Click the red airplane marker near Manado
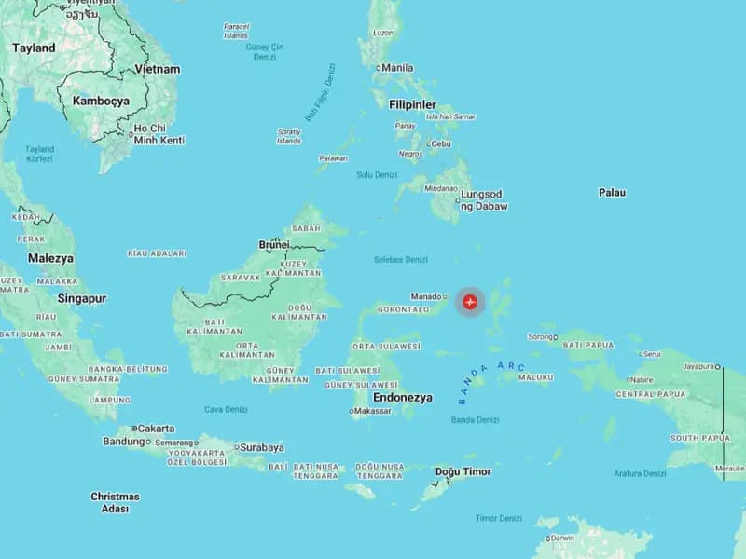click(x=470, y=301)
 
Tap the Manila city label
click(x=396, y=68)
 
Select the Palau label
click(x=612, y=193)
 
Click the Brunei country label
click(x=273, y=245)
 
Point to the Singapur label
click(x=82, y=299)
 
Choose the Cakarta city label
click(x=155, y=429)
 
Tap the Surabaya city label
click(x=262, y=447)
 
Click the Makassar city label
click(x=372, y=411)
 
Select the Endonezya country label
click(x=403, y=397)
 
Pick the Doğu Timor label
click(x=463, y=471)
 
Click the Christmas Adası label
click(x=115, y=503)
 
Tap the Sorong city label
click(x=541, y=336)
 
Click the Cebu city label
click(x=440, y=143)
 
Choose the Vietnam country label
click(x=157, y=69)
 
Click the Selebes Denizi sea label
click(x=400, y=259)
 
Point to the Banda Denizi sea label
click(x=475, y=420)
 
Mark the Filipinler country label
click(x=412, y=104)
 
